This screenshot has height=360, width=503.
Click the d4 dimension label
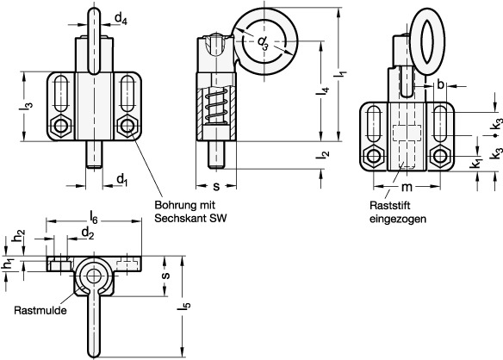pyautogui.click(x=121, y=19)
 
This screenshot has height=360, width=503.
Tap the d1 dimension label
pyautogui.click(x=122, y=180)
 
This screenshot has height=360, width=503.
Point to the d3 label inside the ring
pyautogui.click(x=263, y=43)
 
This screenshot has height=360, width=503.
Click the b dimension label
pyautogui.click(x=441, y=84)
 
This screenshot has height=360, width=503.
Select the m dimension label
pyautogui.click(x=407, y=187)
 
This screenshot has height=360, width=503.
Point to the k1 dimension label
pyautogui.click(x=476, y=163)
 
